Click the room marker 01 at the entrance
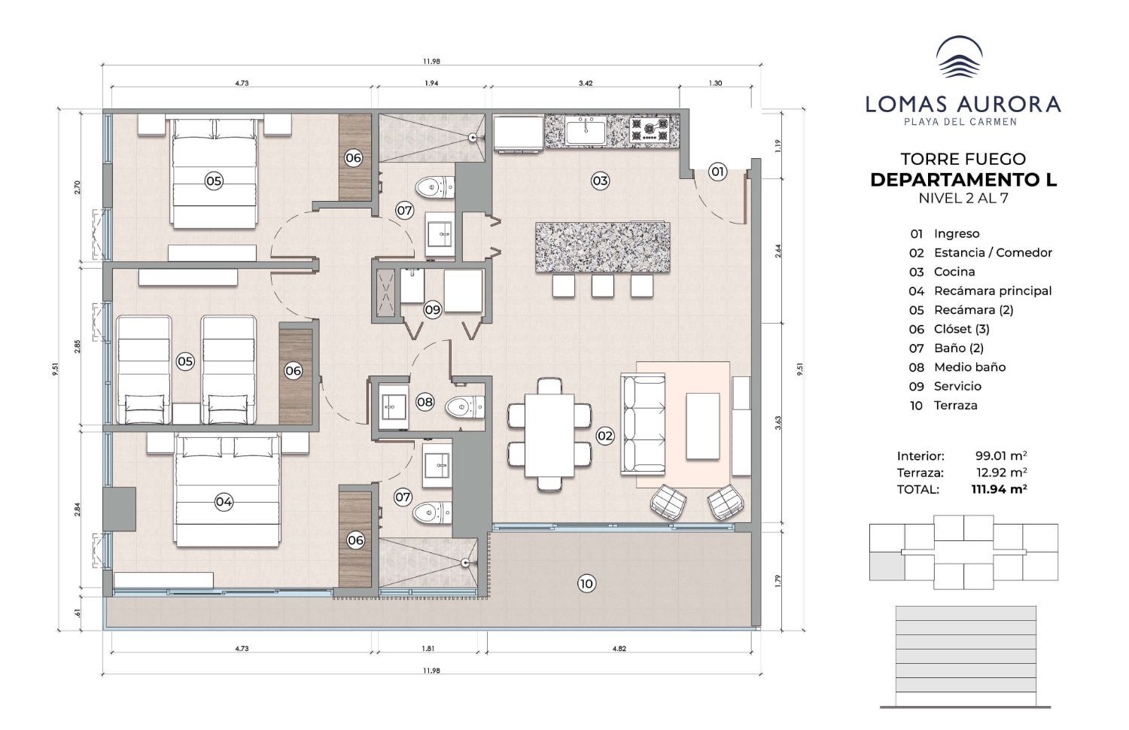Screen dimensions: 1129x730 717,172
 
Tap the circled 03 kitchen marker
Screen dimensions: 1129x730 600,181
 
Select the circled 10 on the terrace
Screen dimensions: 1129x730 586,584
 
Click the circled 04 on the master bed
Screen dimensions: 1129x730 224,502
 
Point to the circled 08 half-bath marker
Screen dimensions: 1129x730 425,402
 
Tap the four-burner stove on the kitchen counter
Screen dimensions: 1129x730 650,129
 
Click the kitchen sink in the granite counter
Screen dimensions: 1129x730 585,132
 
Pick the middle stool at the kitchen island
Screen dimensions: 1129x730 602,286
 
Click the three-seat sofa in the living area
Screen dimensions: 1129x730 643,424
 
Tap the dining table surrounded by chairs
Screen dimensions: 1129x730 549,435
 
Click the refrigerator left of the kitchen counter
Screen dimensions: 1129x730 518,133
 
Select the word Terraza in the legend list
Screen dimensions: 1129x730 955,406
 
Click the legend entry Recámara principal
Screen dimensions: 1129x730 993,290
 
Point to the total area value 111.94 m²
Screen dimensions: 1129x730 999,488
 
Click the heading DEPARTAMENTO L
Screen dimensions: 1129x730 963,180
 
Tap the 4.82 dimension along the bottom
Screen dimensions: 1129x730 619,649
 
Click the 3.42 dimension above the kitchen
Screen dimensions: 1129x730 585,83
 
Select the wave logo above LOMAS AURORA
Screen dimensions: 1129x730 959,57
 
